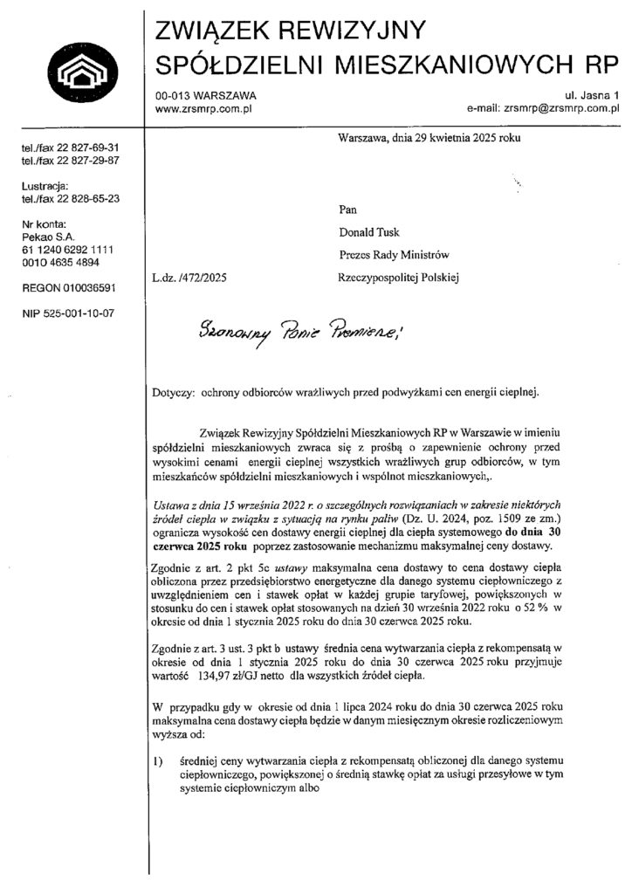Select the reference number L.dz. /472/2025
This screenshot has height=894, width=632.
point(189,278)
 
